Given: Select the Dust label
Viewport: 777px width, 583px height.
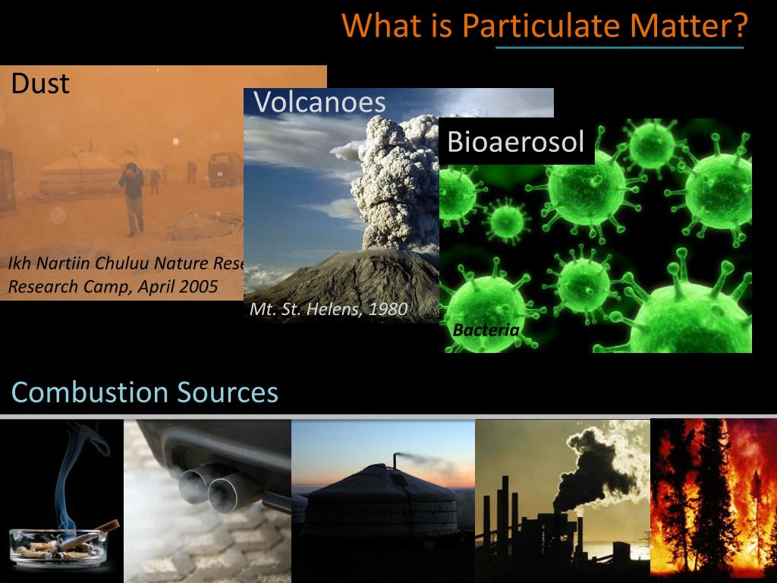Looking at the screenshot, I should point(40,83).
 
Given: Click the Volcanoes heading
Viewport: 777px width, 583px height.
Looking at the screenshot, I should point(319,102).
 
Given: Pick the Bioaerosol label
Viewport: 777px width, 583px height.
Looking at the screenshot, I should point(516,142).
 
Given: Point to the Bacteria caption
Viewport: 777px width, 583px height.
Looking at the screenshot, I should point(486,329).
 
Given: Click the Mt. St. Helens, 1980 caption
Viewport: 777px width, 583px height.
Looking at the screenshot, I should point(329,309).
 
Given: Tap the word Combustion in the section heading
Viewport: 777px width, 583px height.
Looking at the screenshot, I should point(90,392).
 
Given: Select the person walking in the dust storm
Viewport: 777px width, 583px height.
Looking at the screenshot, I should point(134,197).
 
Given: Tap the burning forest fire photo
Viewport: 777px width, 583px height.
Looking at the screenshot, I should point(713,501).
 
